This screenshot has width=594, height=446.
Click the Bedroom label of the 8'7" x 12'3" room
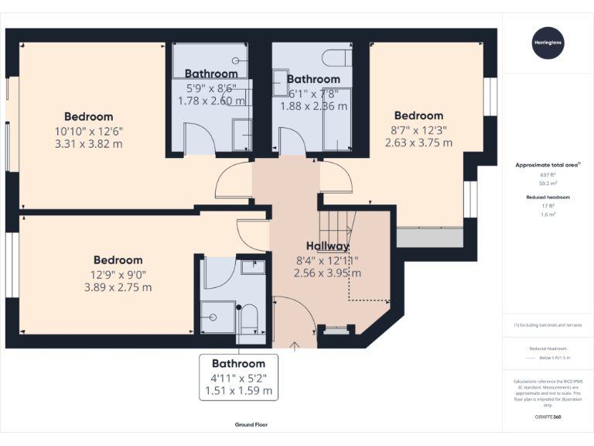click(418, 116)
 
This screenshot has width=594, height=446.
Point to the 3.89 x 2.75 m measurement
click(118, 286)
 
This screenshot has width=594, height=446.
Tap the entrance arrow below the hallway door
click(295, 346)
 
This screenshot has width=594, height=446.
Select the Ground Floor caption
click(251, 425)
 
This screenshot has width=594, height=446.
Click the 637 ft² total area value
click(548, 175)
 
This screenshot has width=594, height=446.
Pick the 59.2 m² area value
click(548, 184)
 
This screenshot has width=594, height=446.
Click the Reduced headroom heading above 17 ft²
click(548, 197)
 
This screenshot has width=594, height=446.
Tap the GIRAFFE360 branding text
click(548, 418)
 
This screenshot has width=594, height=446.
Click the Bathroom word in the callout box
click(238, 363)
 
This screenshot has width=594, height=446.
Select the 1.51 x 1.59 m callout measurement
click(238, 391)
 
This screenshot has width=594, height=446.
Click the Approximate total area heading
click(548, 165)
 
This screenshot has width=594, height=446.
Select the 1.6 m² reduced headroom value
click(548, 214)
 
